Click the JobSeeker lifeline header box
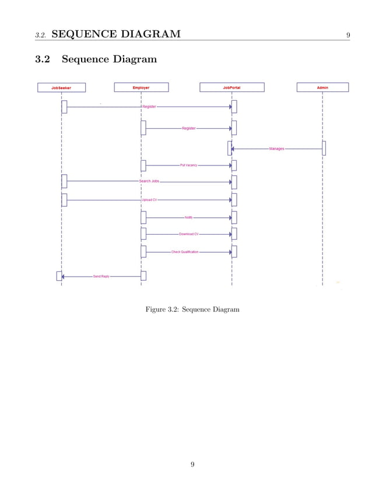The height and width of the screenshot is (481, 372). point(61,87)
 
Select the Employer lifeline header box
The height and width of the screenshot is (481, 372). point(141,87)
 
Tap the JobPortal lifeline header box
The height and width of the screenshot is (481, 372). point(231,87)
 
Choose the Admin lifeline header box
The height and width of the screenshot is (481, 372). point(322,87)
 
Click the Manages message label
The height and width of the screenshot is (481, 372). point(277,148)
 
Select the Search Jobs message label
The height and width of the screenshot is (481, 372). point(149,181)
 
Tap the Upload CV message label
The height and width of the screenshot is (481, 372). point(149,200)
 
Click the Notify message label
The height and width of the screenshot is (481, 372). point(188,217)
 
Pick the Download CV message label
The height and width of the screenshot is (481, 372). point(189,234)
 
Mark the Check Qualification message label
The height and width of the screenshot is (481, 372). point(185,252)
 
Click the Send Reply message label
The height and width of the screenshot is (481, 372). point(101,276)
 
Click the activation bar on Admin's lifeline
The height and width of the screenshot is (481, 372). point(324,148)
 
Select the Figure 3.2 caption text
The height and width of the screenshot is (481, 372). point(192,309)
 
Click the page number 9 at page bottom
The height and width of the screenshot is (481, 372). point(192,464)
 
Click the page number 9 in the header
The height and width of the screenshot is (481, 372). point(348,35)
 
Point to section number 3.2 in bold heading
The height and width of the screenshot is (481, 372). point(43,59)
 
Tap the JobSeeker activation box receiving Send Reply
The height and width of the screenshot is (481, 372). point(59,276)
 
